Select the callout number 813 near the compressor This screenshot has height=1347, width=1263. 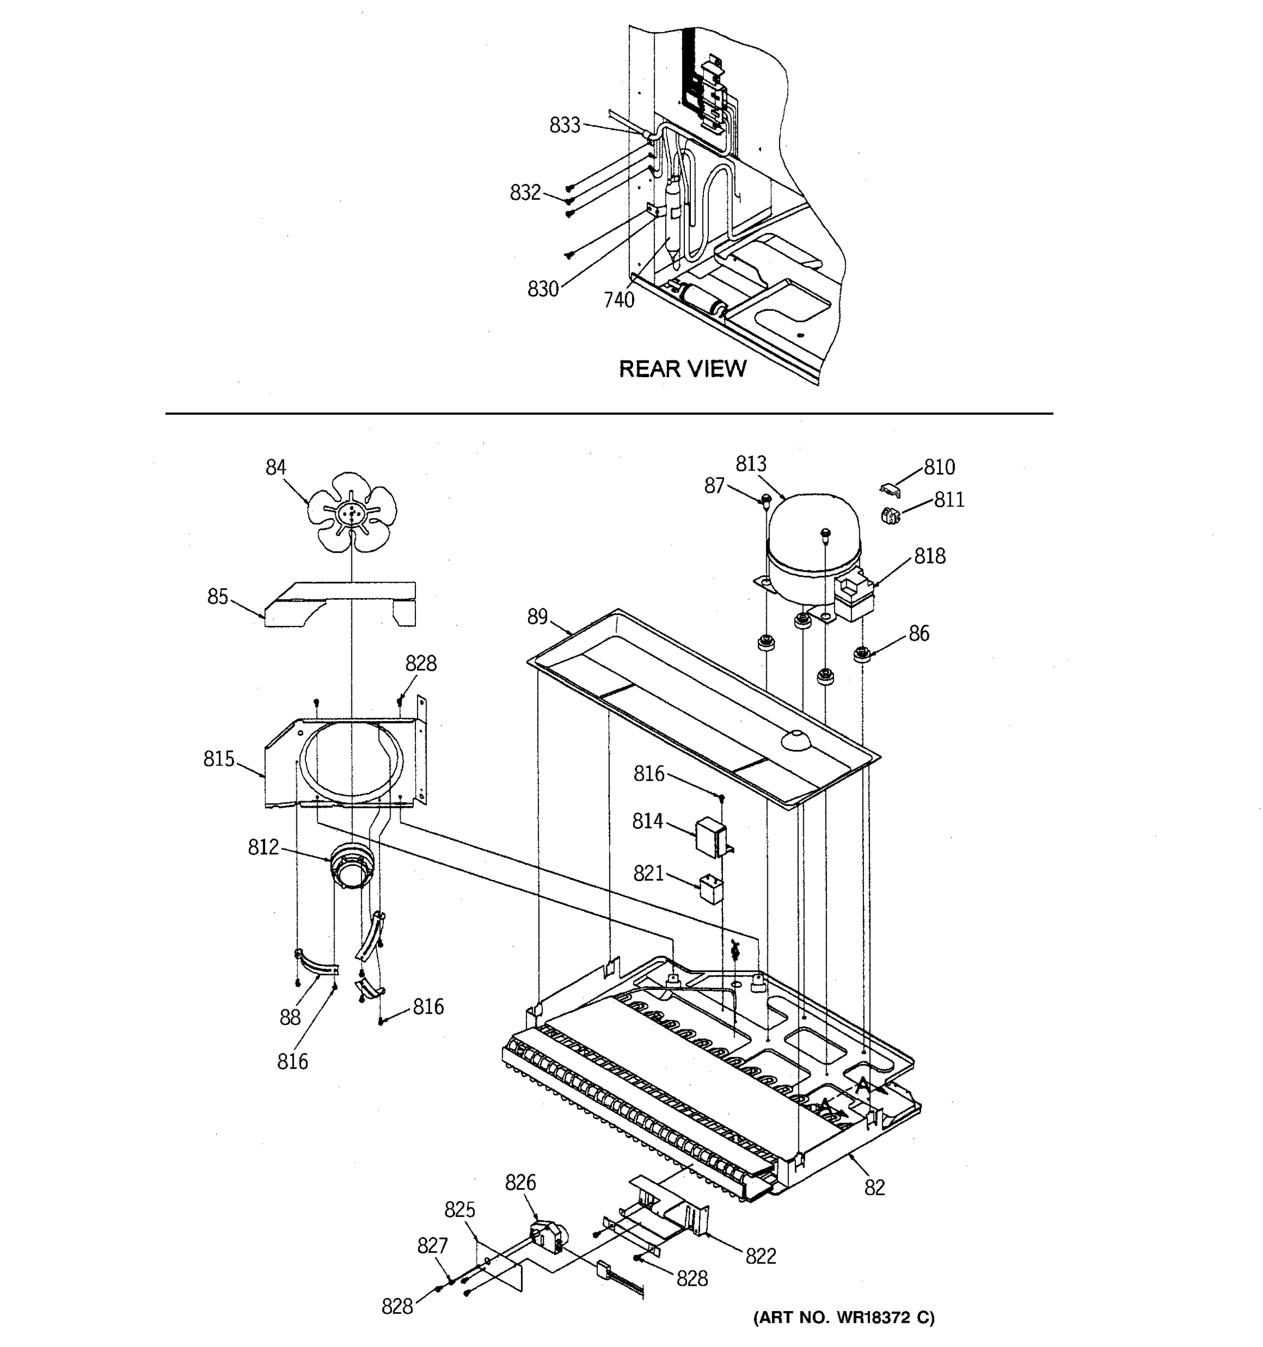(751, 464)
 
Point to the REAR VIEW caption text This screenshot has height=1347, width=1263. (683, 369)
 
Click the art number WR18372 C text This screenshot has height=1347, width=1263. (844, 1317)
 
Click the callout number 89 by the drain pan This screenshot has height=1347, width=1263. (537, 617)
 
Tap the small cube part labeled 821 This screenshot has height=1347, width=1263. (710, 887)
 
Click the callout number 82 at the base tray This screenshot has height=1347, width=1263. (874, 1187)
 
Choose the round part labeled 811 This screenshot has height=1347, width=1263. (891, 516)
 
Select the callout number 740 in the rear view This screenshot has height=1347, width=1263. (619, 300)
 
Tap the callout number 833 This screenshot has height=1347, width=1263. (564, 125)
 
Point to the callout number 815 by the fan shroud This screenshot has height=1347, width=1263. (219, 759)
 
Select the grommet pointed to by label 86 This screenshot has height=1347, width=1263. (861, 654)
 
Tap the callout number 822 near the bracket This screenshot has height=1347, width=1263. (760, 1256)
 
